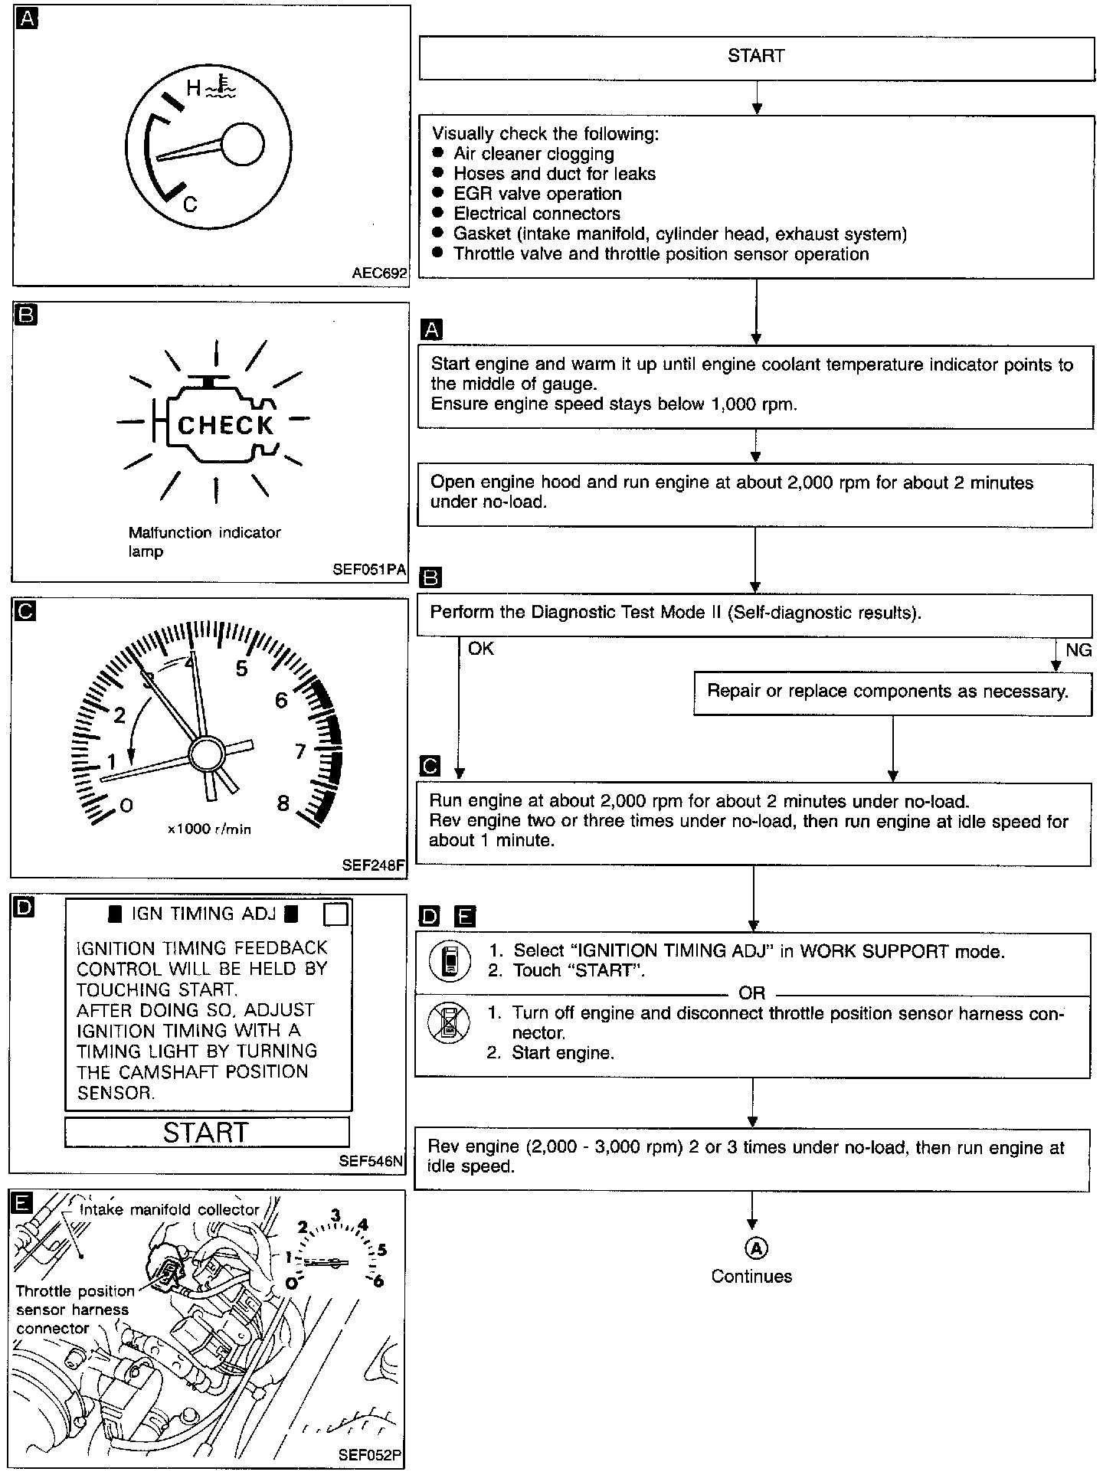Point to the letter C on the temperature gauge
point(191,204)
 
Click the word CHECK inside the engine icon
point(225,426)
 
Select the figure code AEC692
point(380,273)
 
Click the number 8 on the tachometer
point(283,803)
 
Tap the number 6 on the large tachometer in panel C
point(281,700)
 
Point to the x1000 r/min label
point(209,829)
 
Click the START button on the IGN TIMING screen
point(206,1133)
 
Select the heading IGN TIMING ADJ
point(203,914)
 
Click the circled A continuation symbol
point(755,1249)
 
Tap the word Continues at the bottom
point(751,1277)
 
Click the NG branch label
point(1078,650)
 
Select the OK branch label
point(481,649)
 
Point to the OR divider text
point(751,993)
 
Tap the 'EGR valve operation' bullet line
point(537,194)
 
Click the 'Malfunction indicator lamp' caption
point(205,541)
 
